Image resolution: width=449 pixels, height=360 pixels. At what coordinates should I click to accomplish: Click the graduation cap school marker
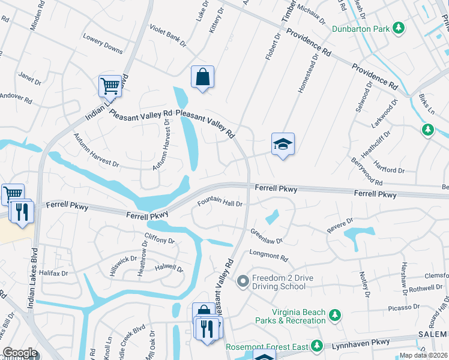[283, 145]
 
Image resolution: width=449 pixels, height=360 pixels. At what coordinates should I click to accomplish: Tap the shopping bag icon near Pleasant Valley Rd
[202, 77]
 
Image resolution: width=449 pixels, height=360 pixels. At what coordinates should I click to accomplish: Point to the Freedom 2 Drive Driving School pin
[243, 281]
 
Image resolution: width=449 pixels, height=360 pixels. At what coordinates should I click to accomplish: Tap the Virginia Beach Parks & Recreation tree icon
[335, 315]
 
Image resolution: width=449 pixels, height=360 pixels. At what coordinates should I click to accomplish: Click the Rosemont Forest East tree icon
[316, 346]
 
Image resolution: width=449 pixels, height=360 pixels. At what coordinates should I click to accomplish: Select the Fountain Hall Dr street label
[220, 203]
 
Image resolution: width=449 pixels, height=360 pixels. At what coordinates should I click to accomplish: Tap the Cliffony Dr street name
[159, 241]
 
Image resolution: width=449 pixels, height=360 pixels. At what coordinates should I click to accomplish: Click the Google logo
[20, 353]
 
